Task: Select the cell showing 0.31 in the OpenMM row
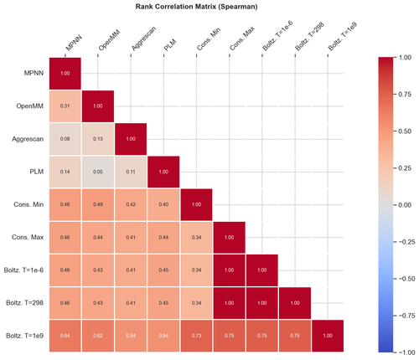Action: [x=65, y=106]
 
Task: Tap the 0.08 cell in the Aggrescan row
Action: [x=65, y=138]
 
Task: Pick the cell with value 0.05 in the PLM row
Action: [x=98, y=171]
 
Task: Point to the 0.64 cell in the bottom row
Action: [x=65, y=334]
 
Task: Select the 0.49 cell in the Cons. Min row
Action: [x=98, y=203]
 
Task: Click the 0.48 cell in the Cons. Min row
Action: [x=65, y=203]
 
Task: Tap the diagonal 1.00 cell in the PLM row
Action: [x=163, y=171]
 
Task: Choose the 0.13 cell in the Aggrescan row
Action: [x=98, y=138]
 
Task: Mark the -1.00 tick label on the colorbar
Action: [x=396, y=352]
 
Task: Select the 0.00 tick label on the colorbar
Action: [x=394, y=204]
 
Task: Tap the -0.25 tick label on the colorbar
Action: [x=396, y=241]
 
